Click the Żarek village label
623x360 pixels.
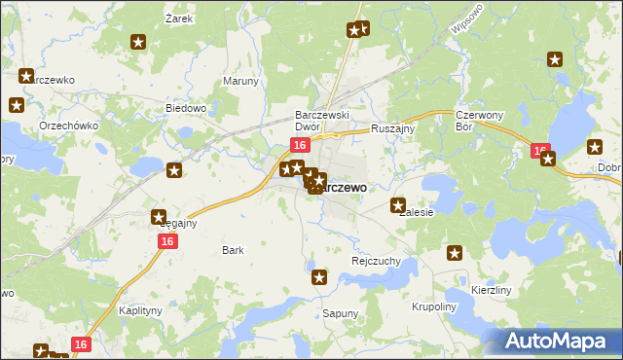(176, 18)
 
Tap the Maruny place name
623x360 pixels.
(240, 82)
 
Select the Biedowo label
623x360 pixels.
(186, 108)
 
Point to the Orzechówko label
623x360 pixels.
(65, 126)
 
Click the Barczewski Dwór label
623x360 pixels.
(322, 121)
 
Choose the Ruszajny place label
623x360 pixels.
(393, 127)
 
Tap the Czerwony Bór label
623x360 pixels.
(477, 121)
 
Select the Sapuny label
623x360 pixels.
(340, 314)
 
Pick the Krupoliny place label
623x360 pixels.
(433, 306)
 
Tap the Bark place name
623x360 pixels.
(233, 250)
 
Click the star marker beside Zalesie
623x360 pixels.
(398, 205)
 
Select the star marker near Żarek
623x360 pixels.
(138, 42)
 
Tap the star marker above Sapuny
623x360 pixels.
(319, 278)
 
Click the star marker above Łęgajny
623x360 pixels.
(159, 218)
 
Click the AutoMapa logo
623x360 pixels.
(558, 341)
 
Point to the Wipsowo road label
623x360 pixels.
(468, 22)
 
